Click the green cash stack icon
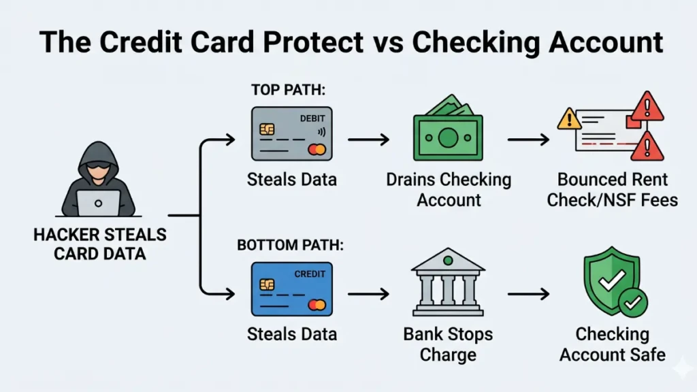coord(447,135)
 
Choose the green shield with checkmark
coord(612,284)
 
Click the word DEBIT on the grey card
coord(312,118)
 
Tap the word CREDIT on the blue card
coord(310,274)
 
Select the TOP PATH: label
coord(279,91)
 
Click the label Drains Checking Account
coord(449,190)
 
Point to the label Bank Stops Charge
coord(447,344)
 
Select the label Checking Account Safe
coord(612,344)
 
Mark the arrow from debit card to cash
coord(368,140)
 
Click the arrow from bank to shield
coord(528,294)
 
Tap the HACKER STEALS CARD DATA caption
coord(100,244)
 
